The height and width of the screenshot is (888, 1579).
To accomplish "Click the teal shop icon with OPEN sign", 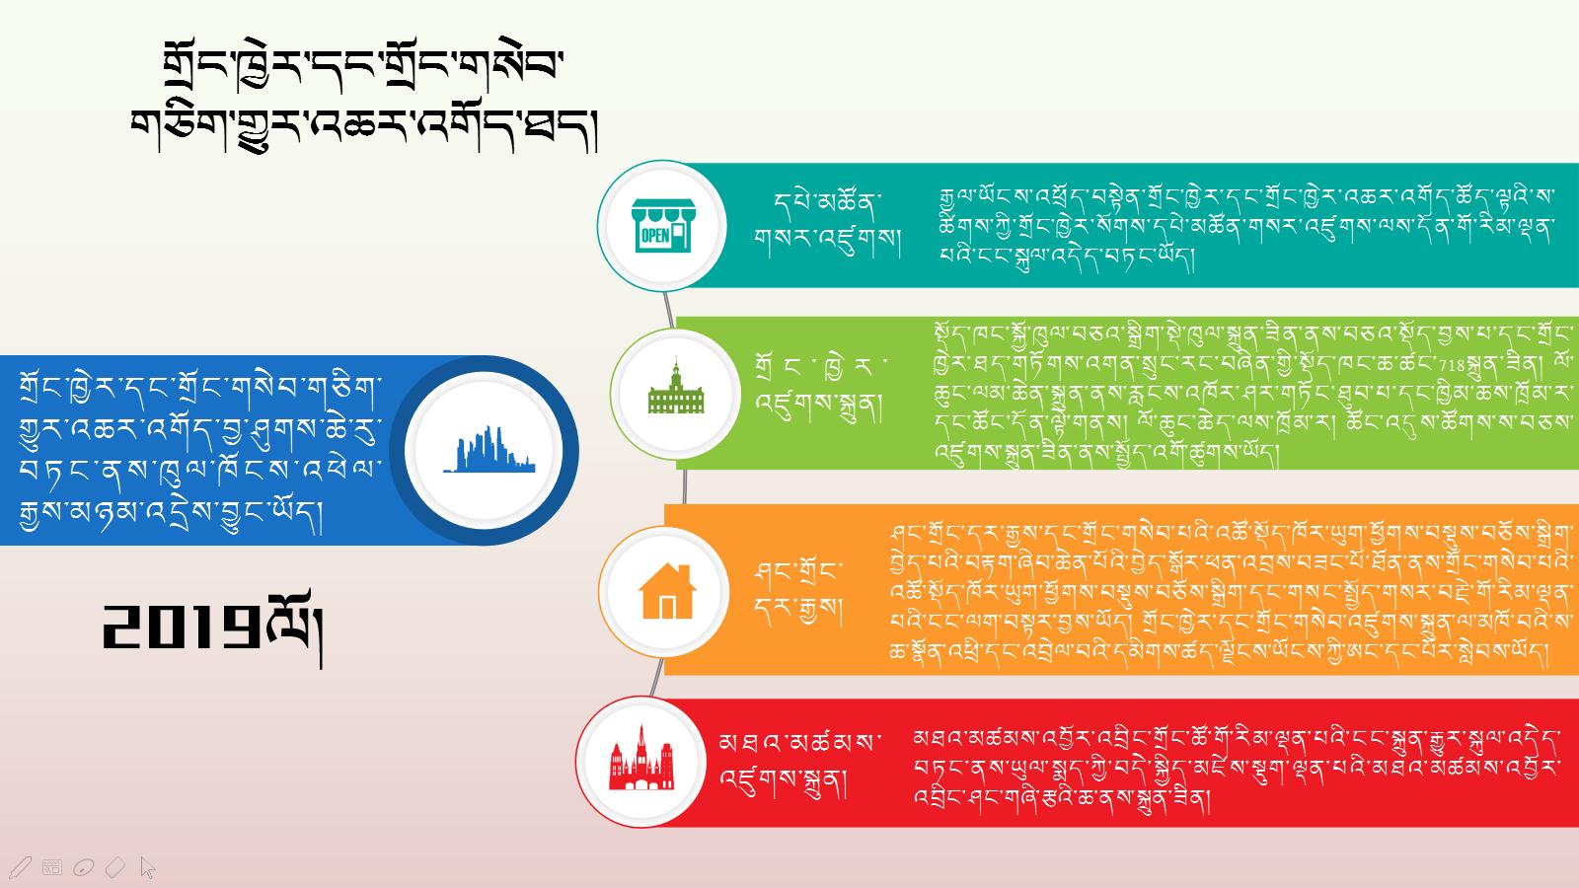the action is coord(662,226).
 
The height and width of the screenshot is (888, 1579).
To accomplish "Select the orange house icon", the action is coord(667,591).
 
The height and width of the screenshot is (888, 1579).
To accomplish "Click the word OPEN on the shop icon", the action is coord(655,236).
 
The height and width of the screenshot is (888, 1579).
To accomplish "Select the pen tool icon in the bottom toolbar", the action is coord(20,867).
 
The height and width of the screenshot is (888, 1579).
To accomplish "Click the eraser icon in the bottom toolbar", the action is coord(114,867).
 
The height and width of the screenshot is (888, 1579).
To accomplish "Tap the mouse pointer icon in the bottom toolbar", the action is coord(147,867).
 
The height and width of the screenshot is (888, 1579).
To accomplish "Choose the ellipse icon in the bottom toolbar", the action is coord(83,867).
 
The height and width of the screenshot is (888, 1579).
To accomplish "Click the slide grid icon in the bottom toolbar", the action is coord(52,867).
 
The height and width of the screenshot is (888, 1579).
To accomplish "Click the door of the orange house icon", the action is coord(667,607).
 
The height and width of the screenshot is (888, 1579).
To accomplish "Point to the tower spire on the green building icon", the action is coord(676,365).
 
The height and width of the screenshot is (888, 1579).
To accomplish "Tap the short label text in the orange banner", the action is coord(797,591).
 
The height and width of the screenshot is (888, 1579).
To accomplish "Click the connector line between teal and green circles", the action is coord(668,310).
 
